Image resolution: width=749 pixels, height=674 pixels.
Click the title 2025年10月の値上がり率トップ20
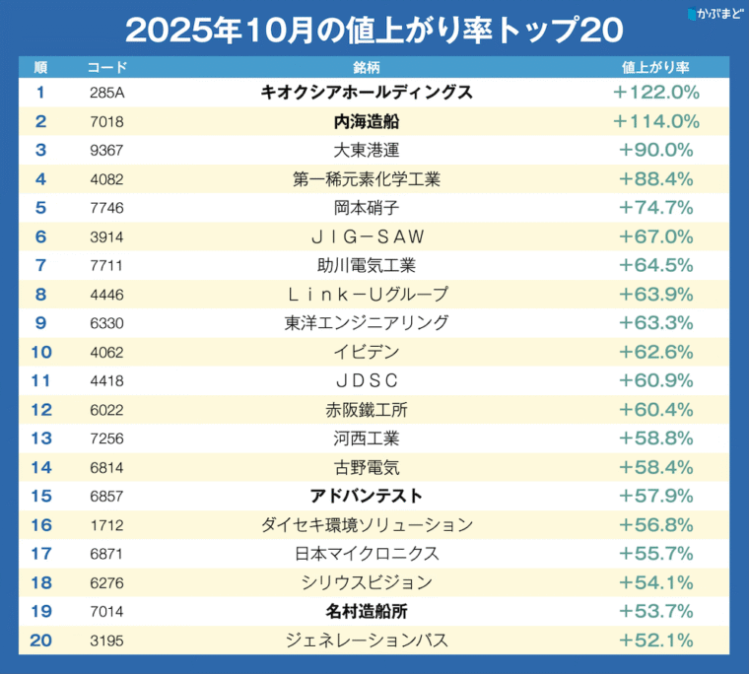tap(374, 30)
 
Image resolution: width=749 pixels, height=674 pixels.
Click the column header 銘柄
tap(367, 67)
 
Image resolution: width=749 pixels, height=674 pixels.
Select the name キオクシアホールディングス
tap(367, 93)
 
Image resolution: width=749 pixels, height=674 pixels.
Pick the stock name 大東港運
tap(367, 150)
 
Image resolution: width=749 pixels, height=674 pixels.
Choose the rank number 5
tap(40, 207)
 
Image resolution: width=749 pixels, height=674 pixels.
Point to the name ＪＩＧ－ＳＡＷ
tap(367, 236)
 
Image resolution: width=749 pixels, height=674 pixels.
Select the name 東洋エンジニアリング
tap(367, 322)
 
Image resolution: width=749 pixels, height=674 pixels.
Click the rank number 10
tap(40, 352)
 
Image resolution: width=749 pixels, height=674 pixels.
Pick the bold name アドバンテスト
tap(367, 496)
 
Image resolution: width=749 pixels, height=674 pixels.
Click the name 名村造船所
tap(367, 611)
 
